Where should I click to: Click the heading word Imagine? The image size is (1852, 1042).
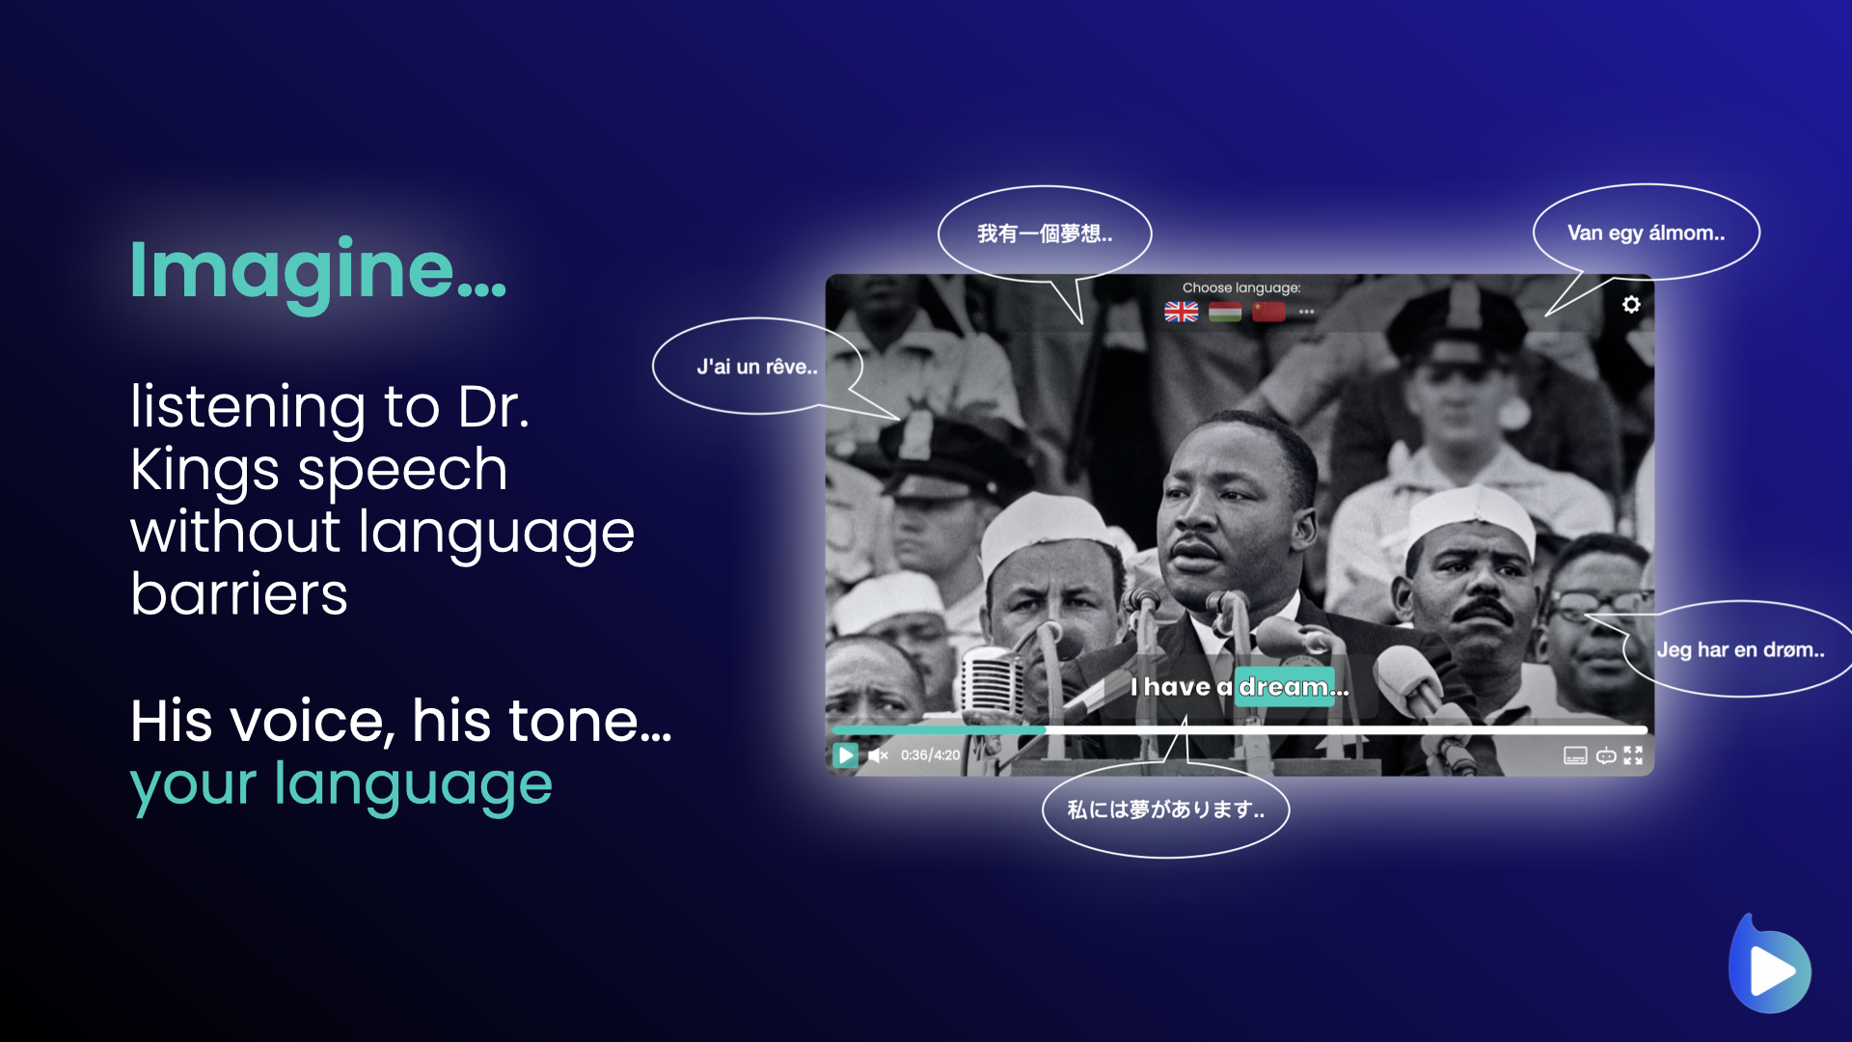coord(317,272)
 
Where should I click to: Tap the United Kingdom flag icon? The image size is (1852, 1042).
coord(1181,312)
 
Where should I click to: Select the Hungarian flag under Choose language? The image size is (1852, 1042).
coord(1225,312)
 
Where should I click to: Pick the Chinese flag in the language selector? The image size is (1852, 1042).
coord(1268,312)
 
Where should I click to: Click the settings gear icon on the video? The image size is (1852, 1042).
coord(1631,305)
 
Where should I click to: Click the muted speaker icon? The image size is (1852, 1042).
coord(878,755)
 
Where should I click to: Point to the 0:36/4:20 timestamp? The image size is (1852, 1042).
coord(930,755)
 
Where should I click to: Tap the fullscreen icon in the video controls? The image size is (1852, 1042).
coord(1633,755)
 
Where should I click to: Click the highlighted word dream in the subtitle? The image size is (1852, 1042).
coord(1284,687)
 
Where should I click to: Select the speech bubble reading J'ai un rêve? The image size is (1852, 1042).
coord(756,367)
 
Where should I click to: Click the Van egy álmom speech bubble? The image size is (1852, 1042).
coord(1646,233)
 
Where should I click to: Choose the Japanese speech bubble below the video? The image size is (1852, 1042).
coord(1165,809)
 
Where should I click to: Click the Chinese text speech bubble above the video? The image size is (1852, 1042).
coord(1045,233)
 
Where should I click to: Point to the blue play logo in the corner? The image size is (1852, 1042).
coord(1769,965)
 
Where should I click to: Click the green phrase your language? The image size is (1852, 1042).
coord(341,783)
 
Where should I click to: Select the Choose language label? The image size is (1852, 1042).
coord(1241,288)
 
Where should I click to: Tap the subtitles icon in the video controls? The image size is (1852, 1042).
coord(1575,755)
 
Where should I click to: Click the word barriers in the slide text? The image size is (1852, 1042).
coord(239,593)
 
